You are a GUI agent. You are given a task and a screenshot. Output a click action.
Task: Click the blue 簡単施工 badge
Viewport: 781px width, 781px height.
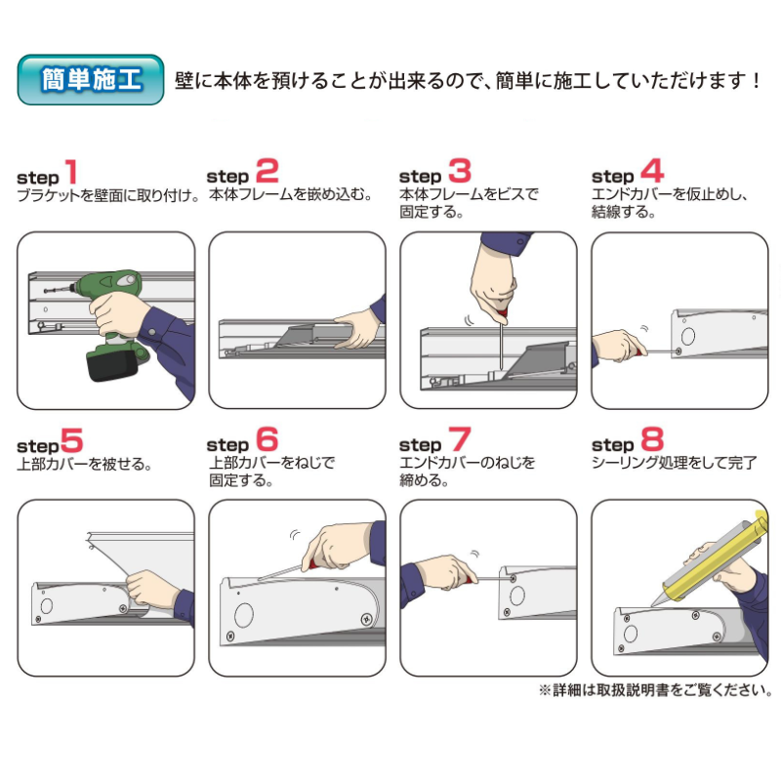(90, 79)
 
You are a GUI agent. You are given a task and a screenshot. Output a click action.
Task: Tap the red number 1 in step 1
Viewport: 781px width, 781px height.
(70, 173)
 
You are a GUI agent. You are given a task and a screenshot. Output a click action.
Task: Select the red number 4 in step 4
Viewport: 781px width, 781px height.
(651, 172)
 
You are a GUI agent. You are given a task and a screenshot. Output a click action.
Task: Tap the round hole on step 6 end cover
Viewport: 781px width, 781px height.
(243, 614)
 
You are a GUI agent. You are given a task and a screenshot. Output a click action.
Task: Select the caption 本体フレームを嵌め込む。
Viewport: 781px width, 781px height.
(291, 194)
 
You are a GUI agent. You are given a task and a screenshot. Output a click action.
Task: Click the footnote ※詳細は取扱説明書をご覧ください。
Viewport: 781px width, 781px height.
(655, 689)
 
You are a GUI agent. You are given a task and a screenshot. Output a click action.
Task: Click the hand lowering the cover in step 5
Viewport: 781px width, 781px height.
(151, 589)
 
